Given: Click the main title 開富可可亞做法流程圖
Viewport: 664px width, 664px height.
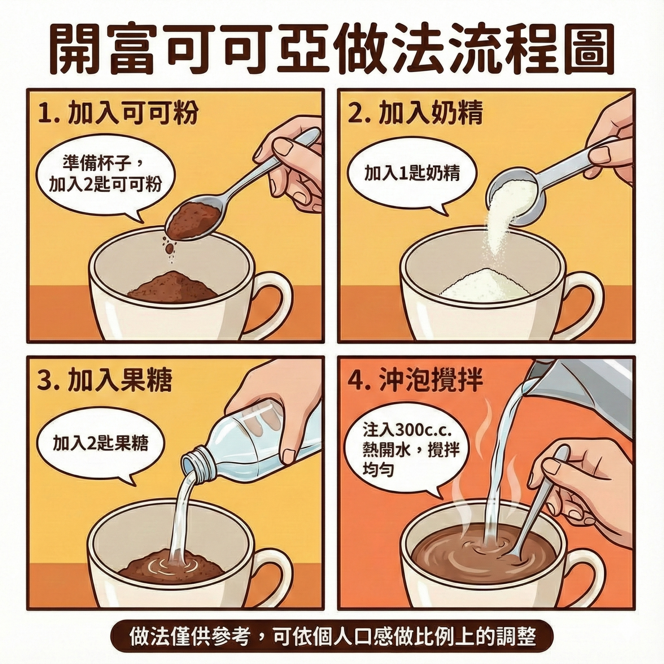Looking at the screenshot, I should tap(332, 49).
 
